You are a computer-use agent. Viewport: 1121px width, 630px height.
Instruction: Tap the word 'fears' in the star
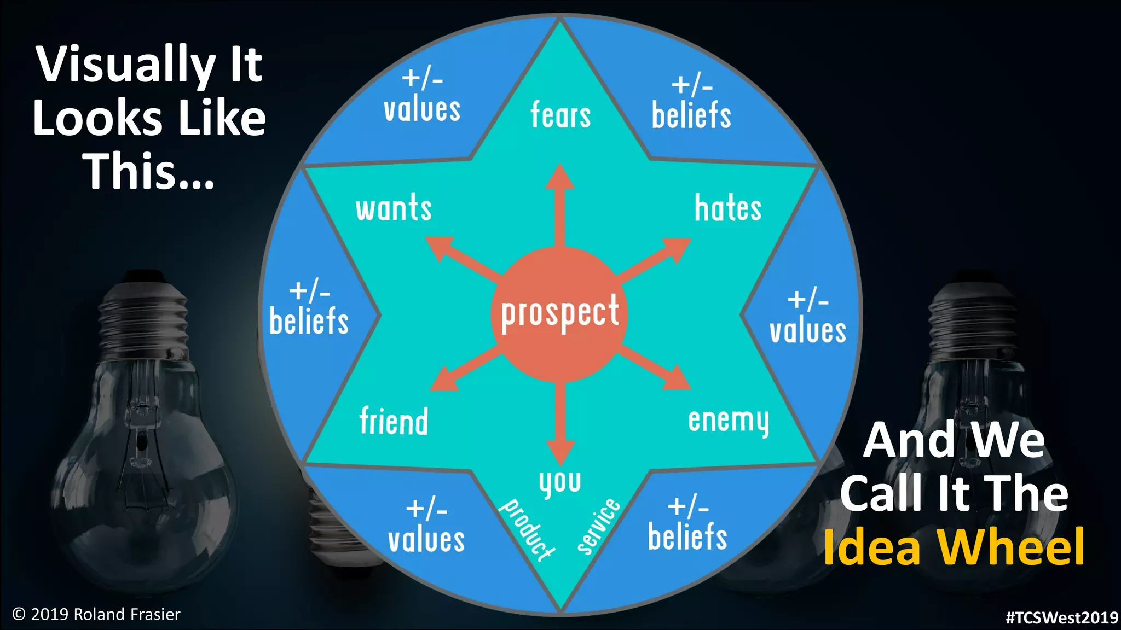tap(560, 115)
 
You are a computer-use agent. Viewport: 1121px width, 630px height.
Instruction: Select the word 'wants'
tap(394, 208)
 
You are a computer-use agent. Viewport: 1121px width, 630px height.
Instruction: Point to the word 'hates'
tap(728, 208)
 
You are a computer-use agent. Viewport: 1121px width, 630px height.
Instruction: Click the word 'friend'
tap(394, 421)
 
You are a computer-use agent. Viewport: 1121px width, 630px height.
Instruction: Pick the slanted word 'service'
tap(599, 526)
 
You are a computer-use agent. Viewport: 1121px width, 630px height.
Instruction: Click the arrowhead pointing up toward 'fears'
tap(559, 178)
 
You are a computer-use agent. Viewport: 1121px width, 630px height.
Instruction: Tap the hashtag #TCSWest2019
tap(1062, 617)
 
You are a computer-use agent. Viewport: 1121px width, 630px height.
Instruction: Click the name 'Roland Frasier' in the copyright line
tap(127, 614)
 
